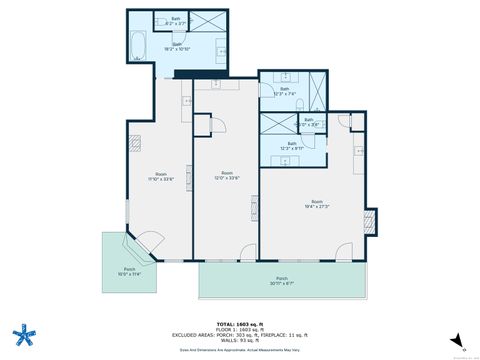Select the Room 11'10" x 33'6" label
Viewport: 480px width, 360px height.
point(161,177)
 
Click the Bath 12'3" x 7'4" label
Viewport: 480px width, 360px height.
point(280,92)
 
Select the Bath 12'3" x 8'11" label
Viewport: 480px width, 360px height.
point(292,145)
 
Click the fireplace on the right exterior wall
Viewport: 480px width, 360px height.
point(372,221)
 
